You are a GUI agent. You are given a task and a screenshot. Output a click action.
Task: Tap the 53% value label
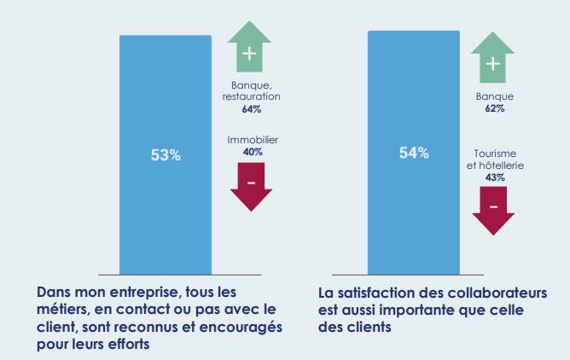click(166, 155)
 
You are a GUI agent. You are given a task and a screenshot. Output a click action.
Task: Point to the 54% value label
click(414, 153)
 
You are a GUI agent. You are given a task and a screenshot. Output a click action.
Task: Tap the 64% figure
click(251, 109)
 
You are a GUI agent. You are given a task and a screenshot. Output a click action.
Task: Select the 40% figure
click(253, 151)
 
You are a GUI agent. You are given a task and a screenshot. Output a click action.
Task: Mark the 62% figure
click(495, 108)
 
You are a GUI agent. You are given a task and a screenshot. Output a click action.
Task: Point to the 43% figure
click(495, 177)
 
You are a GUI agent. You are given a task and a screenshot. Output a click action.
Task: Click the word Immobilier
click(253, 139)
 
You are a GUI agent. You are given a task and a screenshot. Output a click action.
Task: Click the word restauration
click(251, 96)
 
